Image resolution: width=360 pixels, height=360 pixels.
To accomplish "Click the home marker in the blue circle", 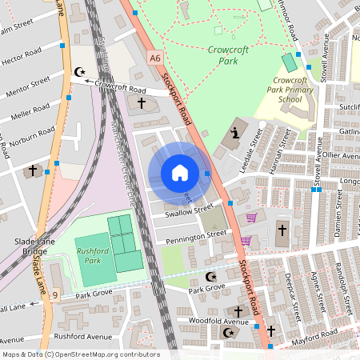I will [x=180, y=173].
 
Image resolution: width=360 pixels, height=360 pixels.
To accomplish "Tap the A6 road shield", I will [x=154, y=58].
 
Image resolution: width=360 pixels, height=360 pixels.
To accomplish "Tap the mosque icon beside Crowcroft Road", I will [x=79, y=72].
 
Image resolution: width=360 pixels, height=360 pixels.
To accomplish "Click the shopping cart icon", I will [x=251, y=218].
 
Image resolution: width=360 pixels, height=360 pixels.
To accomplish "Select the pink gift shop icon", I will [x=246, y=240].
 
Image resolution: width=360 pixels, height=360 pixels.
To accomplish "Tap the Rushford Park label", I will [x=93, y=254].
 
